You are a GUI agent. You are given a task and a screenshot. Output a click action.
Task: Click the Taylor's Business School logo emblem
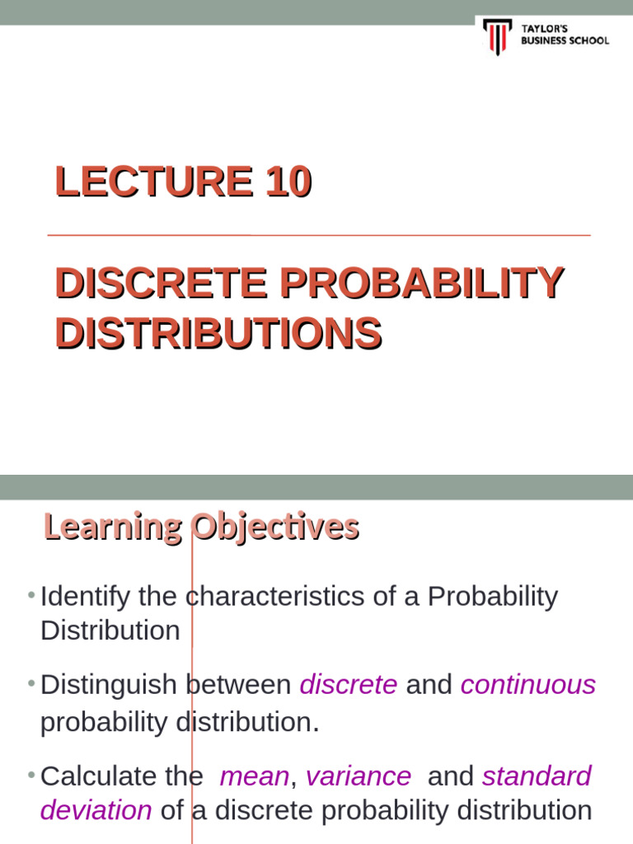[x=497, y=35]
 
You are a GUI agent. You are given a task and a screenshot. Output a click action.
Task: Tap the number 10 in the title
[x=288, y=181]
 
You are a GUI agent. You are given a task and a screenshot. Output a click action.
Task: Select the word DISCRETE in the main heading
[x=161, y=284]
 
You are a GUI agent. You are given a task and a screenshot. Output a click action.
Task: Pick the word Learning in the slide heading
[x=112, y=527]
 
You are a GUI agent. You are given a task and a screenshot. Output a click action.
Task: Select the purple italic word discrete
[x=349, y=685]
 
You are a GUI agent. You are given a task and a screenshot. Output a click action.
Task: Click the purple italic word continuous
[x=527, y=685]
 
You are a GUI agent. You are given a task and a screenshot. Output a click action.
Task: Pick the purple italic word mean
[x=255, y=776]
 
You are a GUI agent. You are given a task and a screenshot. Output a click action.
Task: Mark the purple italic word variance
[x=359, y=776]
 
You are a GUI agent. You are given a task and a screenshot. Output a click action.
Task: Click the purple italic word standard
[x=537, y=776]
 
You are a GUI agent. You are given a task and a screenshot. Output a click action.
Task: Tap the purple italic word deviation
[x=96, y=810]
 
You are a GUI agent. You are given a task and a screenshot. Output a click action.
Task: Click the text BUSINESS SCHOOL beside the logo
[x=565, y=40]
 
